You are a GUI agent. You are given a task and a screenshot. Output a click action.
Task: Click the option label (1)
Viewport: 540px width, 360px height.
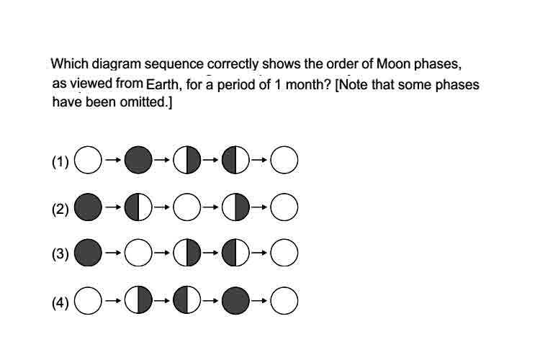(x=60, y=161)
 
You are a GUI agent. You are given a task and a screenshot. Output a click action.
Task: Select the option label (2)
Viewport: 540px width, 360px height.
(x=60, y=209)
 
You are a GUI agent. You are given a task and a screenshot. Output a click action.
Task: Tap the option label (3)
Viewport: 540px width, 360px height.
(x=60, y=253)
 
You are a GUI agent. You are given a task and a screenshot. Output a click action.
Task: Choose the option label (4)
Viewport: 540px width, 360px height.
(x=60, y=302)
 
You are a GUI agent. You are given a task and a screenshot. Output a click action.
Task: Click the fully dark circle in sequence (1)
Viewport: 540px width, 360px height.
(x=138, y=160)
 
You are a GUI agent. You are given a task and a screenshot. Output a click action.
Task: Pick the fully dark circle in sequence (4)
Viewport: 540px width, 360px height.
(x=235, y=300)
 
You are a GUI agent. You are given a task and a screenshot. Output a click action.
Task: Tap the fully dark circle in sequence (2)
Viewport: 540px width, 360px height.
(x=88, y=207)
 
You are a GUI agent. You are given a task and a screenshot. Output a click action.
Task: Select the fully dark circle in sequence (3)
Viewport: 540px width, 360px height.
(x=88, y=253)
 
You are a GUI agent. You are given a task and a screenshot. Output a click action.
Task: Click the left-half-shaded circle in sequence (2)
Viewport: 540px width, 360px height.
(x=138, y=207)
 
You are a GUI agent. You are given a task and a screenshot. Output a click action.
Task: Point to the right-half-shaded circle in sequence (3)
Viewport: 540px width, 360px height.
(x=187, y=253)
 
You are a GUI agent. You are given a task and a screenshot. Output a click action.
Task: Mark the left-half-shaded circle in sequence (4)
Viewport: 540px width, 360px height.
(x=187, y=300)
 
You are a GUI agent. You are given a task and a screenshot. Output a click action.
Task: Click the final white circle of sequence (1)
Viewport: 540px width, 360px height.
(x=284, y=160)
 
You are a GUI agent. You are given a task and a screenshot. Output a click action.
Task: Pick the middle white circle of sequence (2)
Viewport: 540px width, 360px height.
(x=187, y=207)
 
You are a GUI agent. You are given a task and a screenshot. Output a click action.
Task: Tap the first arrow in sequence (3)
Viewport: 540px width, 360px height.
(x=113, y=253)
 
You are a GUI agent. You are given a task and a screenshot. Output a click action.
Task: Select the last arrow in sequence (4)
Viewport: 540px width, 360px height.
(x=259, y=301)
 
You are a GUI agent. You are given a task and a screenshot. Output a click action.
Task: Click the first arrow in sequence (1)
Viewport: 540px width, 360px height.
(x=113, y=160)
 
